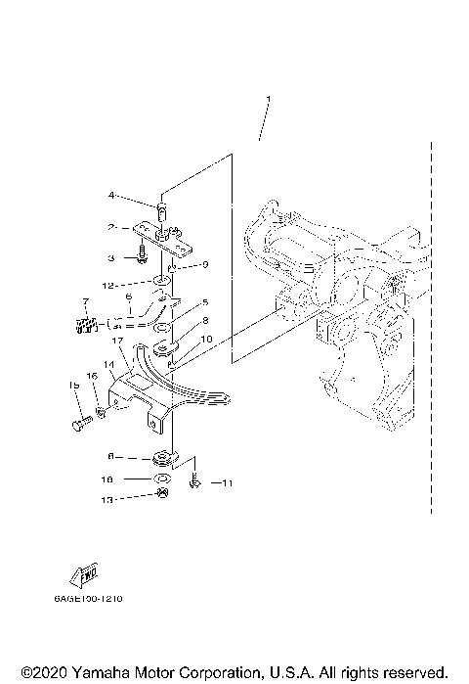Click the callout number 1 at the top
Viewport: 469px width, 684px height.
point(267,100)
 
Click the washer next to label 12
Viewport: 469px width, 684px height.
point(158,284)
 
